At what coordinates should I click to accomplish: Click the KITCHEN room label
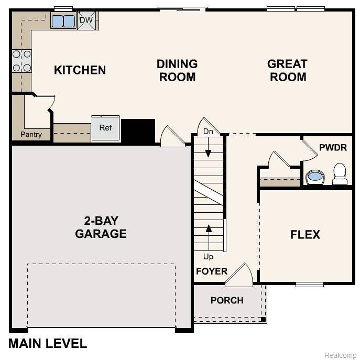[x=80, y=70]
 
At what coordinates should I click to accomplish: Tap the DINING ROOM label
[x=177, y=70]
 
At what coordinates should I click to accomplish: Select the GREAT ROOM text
[x=287, y=70]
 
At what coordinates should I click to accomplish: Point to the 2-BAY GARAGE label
[x=101, y=227]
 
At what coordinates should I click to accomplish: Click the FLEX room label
[x=305, y=234]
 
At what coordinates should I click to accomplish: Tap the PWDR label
[x=333, y=147]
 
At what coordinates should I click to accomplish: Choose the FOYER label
[x=212, y=271]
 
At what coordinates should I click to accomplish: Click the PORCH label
[x=227, y=300]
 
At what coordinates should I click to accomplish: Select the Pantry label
[x=31, y=135]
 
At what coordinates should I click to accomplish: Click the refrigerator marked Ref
[x=106, y=128]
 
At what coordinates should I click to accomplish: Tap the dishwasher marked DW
[x=86, y=20]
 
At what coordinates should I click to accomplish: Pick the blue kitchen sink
[x=63, y=21]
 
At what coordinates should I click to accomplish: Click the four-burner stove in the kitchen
[x=22, y=60]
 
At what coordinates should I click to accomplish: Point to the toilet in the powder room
[x=340, y=173]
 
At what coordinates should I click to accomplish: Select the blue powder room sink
[x=315, y=177]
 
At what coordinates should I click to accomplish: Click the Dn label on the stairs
[x=208, y=132]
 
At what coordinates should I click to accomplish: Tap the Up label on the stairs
[x=208, y=257]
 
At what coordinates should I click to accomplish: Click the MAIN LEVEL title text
[x=48, y=344]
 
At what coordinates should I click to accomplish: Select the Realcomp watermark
[x=340, y=355]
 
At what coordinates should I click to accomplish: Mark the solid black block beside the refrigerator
[x=138, y=130]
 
